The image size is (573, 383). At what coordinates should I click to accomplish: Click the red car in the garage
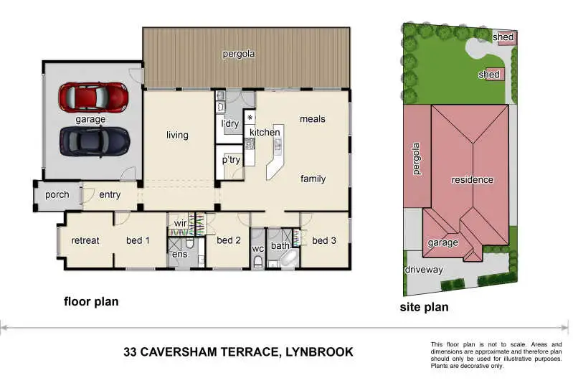pyautogui.click(x=93, y=98)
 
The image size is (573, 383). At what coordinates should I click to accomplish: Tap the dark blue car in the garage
pyautogui.click(x=95, y=142)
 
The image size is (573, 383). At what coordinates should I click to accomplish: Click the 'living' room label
pyautogui.click(x=177, y=136)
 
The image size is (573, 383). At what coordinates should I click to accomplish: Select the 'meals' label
pyautogui.click(x=313, y=119)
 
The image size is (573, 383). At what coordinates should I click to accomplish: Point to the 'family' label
pyautogui.click(x=313, y=179)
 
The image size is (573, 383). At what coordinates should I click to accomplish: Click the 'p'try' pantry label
pyautogui.click(x=231, y=160)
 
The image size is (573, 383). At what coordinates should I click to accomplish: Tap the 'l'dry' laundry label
pyautogui.click(x=230, y=124)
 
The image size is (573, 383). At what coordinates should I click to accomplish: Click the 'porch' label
pyautogui.click(x=57, y=195)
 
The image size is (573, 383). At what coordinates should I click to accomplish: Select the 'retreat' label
pyautogui.click(x=85, y=240)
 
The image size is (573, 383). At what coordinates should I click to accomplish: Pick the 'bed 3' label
pyautogui.click(x=323, y=240)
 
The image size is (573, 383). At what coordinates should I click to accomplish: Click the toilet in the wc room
pyautogui.click(x=258, y=263)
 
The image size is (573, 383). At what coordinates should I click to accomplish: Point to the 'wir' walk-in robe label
pyautogui.click(x=181, y=223)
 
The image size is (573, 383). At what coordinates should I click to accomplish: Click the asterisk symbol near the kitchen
pyautogui.click(x=250, y=118)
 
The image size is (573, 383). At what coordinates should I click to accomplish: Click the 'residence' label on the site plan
pyautogui.click(x=472, y=180)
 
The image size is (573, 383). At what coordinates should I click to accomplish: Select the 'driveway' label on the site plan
pyautogui.click(x=424, y=270)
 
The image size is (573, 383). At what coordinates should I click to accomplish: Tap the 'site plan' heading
pyautogui.click(x=425, y=308)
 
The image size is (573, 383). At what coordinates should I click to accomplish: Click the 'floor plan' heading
pyautogui.click(x=91, y=302)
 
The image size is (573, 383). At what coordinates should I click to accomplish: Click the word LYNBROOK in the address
pyautogui.click(x=319, y=352)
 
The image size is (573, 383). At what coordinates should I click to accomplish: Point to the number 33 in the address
pyautogui.click(x=130, y=352)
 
